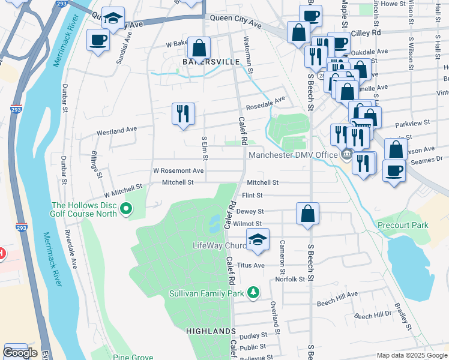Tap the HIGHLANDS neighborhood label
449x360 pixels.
coord(211,331)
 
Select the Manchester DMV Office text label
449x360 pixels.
coord(293,155)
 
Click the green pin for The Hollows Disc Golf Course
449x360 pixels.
coord(125,209)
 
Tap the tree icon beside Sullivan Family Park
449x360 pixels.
coord(255,293)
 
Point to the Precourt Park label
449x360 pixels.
coord(403,225)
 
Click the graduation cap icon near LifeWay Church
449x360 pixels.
coord(258,239)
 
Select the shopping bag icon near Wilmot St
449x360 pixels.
coord(307,214)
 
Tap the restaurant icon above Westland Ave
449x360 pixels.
coord(183,113)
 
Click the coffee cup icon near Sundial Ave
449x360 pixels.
coord(98,41)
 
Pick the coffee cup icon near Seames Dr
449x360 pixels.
coord(394,170)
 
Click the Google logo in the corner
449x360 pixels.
coord(20,353)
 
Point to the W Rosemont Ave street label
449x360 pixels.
coord(178,170)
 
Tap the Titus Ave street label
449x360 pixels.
coord(251,265)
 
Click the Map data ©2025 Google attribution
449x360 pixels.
coord(411,355)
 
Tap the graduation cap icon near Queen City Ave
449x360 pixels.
coord(112,19)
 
